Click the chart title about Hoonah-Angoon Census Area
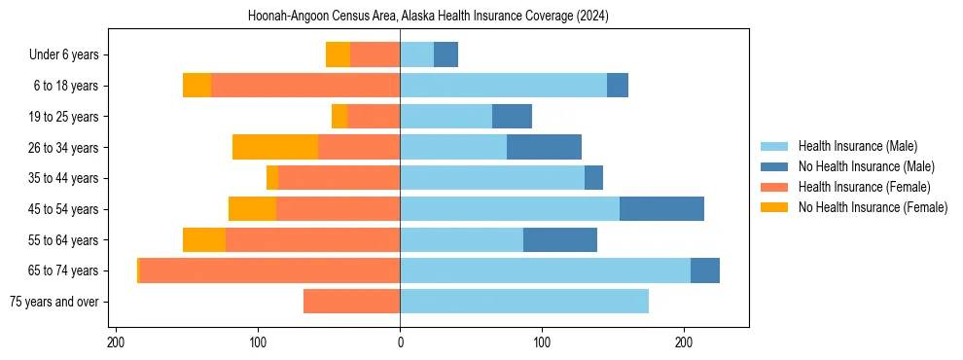(x=428, y=16)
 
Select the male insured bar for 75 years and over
(x=524, y=302)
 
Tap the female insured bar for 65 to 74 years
(x=269, y=270)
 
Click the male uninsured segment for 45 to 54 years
(x=661, y=209)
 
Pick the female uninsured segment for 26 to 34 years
(x=275, y=147)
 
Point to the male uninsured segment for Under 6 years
(x=446, y=54)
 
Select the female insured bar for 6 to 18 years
(x=305, y=86)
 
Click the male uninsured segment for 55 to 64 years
(x=560, y=239)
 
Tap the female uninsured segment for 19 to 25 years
(x=339, y=117)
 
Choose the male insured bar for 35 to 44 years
(x=492, y=178)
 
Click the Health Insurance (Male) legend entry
(x=857, y=146)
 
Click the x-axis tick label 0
(x=400, y=342)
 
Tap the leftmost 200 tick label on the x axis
(x=117, y=342)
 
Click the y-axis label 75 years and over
(x=54, y=302)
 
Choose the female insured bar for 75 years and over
(x=351, y=302)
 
